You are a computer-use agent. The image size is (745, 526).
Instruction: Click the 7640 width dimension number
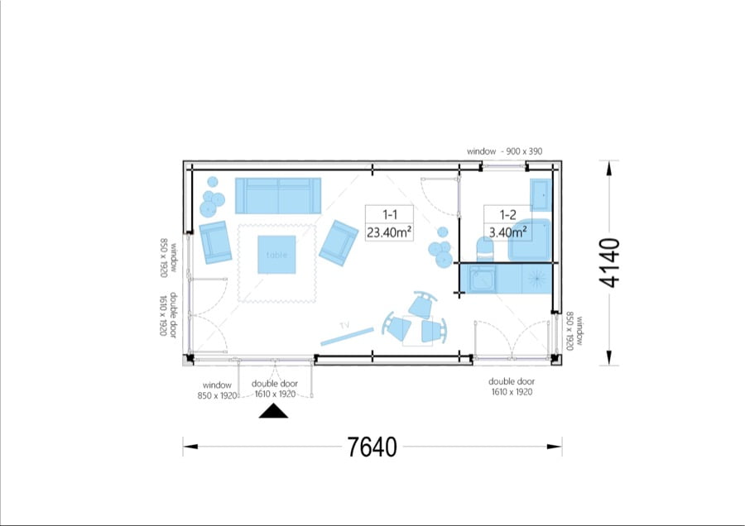tap(372, 447)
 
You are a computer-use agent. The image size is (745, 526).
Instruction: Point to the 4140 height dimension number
tap(609, 263)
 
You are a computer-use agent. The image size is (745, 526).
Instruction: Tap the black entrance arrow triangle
tap(273, 411)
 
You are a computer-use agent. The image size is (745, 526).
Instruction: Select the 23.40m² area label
tap(389, 232)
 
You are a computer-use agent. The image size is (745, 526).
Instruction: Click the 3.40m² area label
tap(507, 232)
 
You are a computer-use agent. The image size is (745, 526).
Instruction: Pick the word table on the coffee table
tap(276, 255)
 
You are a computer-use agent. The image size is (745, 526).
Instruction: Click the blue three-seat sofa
tap(278, 195)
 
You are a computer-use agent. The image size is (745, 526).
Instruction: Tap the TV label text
tap(344, 326)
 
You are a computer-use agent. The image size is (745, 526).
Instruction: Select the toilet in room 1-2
tap(485, 249)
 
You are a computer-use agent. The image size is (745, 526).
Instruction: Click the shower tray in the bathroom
tap(529, 240)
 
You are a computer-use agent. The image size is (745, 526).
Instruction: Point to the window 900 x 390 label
tap(504, 151)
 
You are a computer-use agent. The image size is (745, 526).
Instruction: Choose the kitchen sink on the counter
tap(482, 278)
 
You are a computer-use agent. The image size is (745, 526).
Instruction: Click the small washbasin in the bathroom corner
tap(541, 194)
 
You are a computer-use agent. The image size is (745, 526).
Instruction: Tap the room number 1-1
tap(390, 214)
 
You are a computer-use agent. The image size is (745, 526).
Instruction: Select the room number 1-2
tap(507, 214)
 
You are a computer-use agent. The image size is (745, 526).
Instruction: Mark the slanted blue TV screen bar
tap(348, 336)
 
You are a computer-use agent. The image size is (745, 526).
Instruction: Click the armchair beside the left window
tap(215, 242)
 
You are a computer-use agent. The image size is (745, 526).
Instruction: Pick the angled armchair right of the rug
tap(339, 243)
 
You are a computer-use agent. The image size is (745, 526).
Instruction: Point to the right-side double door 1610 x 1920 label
tap(512, 386)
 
